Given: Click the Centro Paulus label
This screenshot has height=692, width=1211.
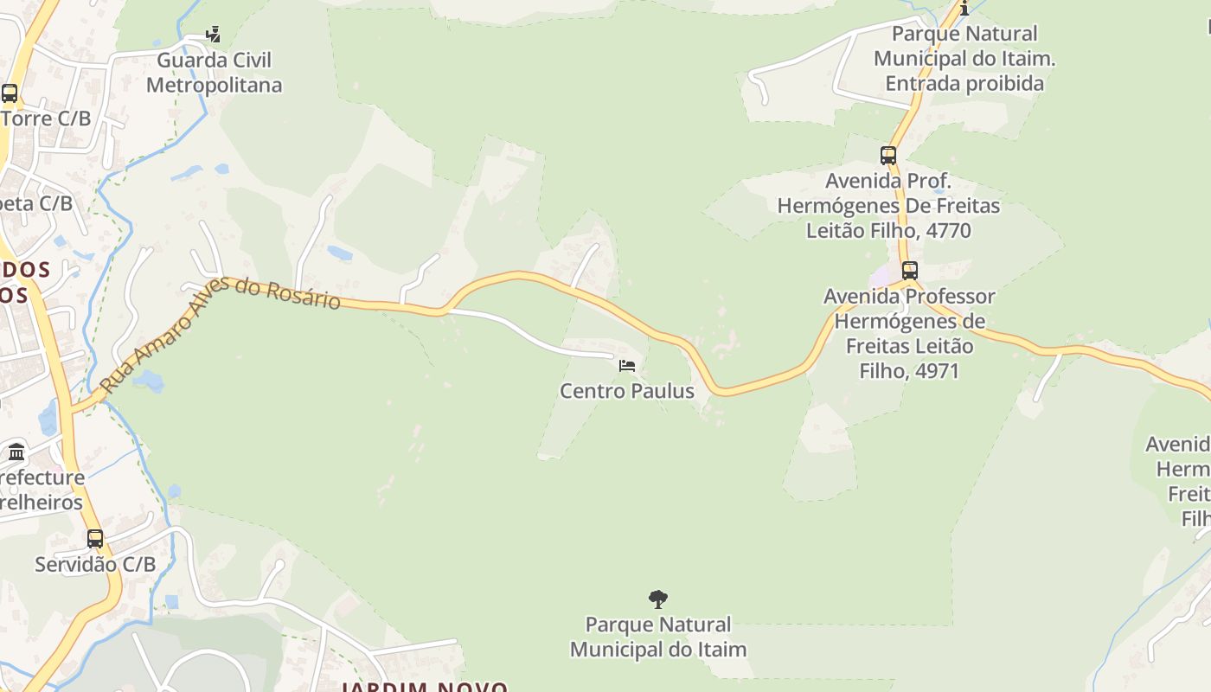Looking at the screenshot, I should (x=627, y=391).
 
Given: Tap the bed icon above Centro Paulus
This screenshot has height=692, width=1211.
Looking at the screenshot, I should (x=627, y=366).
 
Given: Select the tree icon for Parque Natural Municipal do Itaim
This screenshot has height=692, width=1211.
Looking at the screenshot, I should (x=658, y=599).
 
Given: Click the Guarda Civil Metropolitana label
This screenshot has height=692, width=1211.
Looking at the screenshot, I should (x=214, y=73).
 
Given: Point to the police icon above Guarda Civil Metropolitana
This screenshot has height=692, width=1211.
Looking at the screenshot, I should (x=213, y=35).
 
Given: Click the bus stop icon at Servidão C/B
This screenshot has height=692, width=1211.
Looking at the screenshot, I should (x=95, y=539).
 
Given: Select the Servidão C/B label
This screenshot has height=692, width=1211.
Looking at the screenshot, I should (x=95, y=564).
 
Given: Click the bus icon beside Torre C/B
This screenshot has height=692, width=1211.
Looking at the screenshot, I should (x=10, y=93).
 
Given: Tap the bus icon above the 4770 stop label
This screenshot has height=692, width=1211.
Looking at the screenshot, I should (x=888, y=156).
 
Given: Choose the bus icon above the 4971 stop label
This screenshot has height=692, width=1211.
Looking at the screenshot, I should (x=909, y=270).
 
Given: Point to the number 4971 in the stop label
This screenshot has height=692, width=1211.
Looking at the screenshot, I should (x=932, y=371).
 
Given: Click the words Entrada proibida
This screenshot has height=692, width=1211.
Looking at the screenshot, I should (x=964, y=84).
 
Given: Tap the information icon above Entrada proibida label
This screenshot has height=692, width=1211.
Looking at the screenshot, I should (x=964, y=9).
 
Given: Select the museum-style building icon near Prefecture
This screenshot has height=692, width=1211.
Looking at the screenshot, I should (x=16, y=452).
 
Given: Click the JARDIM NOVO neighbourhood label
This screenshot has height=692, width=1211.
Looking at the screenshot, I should (x=424, y=688).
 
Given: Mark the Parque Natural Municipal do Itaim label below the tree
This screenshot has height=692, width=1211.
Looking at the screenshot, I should (x=658, y=637).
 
